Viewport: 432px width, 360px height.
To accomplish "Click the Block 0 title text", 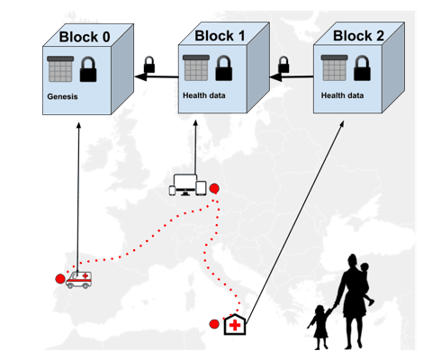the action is [x=85, y=37].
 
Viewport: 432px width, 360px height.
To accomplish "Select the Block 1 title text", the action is [x=220, y=36].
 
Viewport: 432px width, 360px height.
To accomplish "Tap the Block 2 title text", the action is [x=358, y=36].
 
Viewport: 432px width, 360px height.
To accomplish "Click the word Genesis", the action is [x=62, y=96].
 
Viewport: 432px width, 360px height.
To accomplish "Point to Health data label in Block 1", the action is [x=204, y=95].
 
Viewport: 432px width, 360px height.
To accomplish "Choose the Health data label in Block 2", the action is [x=342, y=95].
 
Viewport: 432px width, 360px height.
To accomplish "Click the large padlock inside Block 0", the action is [x=88, y=69].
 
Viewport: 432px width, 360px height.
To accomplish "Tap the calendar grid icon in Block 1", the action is [x=196, y=67].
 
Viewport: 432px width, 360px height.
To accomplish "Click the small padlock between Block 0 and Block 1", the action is [x=149, y=65].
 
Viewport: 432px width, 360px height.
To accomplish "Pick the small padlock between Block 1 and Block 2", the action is [x=283, y=65].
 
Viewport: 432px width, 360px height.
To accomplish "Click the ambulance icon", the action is [x=78, y=280].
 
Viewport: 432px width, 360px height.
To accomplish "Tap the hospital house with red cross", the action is [x=235, y=324].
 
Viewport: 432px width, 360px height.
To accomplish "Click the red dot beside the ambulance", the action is [x=60, y=279].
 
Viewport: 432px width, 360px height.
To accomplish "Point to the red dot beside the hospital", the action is [x=214, y=324].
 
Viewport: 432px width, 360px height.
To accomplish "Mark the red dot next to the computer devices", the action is [x=214, y=188].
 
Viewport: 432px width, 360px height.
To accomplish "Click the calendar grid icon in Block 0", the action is [x=60, y=69].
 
